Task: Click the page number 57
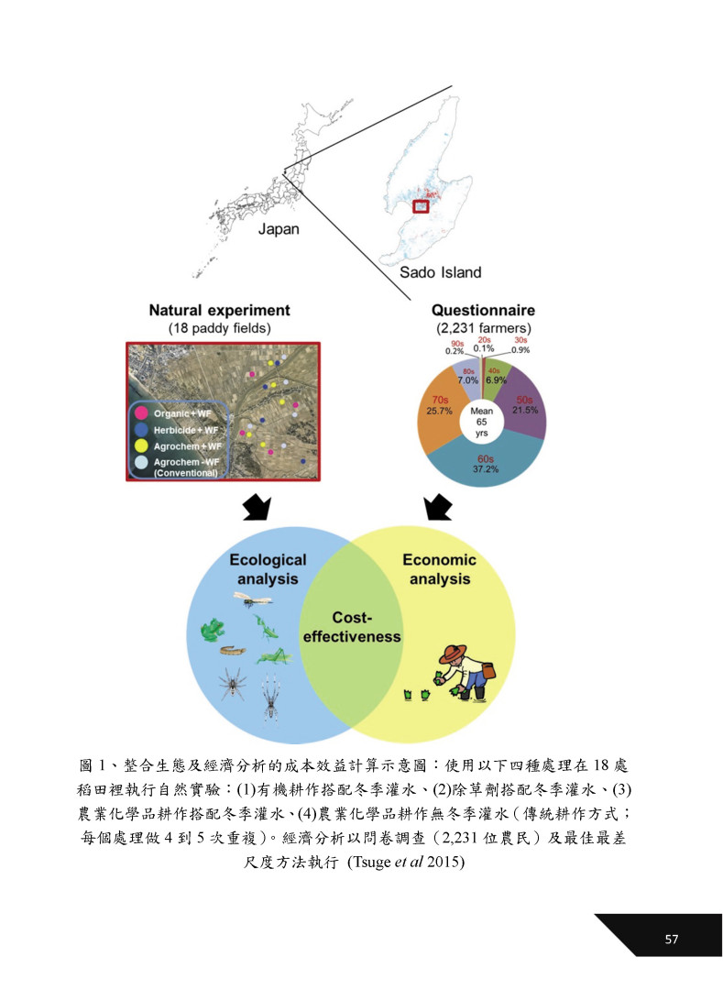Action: coord(671,939)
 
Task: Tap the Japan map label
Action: coord(279,229)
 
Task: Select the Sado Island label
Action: coord(441,272)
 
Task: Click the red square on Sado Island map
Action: coord(421,206)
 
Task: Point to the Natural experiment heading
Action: coord(219,311)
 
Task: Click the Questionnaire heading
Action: coord(483,311)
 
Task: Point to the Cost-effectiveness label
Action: coord(353,627)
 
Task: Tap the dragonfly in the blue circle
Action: coord(251,599)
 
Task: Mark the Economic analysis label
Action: coord(440,569)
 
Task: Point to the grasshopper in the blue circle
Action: coord(271,655)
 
